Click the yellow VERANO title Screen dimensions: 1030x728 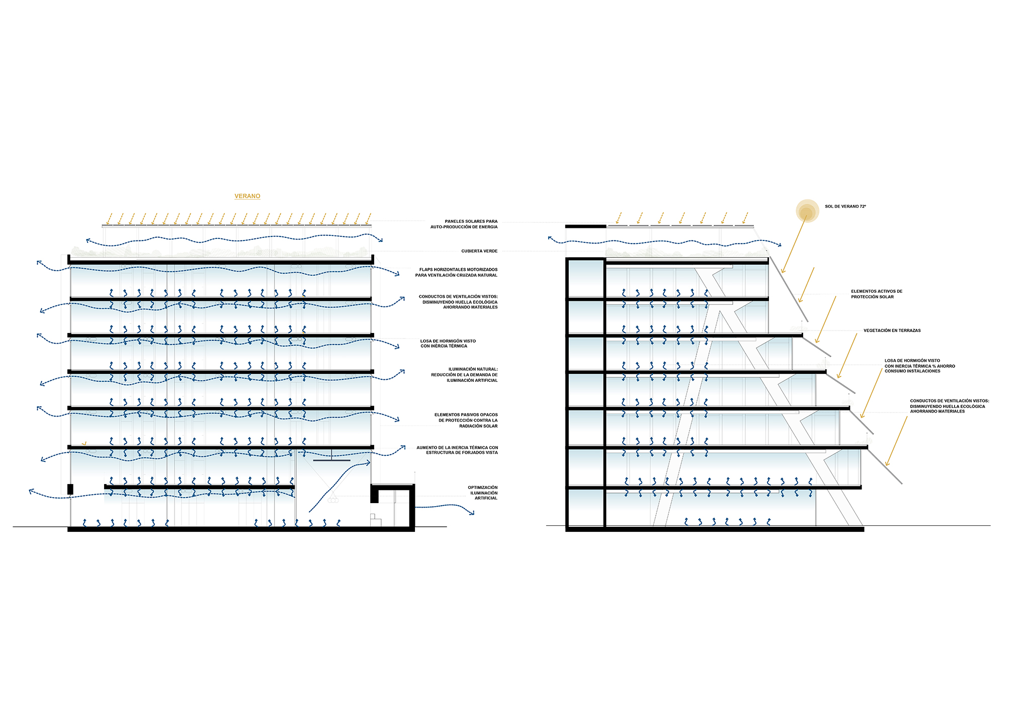(x=247, y=196)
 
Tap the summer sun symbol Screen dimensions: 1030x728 (x=807, y=211)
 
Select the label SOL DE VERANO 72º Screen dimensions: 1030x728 (x=845, y=207)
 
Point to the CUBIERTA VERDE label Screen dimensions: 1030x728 (x=479, y=251)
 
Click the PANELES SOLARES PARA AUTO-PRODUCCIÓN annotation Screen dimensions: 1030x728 (x=464, y=224)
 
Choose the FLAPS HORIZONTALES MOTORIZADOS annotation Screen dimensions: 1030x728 (x=456, y=273)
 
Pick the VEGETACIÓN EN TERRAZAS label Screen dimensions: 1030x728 (x=892, y=331)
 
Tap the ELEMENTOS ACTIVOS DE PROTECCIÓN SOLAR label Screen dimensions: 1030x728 (x=877, y=294)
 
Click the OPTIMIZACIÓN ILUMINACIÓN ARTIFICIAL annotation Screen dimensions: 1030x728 (x=483, y=493)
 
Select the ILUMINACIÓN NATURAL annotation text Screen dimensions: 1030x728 (x=464, y=375)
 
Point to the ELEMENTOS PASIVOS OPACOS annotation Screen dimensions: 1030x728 (x=466, y=421)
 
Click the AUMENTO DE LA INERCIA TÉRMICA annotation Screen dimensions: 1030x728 (x=457, y=450)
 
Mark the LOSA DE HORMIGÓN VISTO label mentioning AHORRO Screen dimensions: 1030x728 (x=920, y=366)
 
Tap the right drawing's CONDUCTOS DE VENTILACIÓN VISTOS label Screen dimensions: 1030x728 (x=950, y=406)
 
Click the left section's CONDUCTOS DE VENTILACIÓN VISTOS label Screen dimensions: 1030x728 (x=458, y=302)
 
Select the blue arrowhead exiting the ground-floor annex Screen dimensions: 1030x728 (x=472, y=513)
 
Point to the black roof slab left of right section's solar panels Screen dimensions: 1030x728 (x=586, y=226)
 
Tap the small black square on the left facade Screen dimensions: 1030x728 (x=70, y=489)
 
